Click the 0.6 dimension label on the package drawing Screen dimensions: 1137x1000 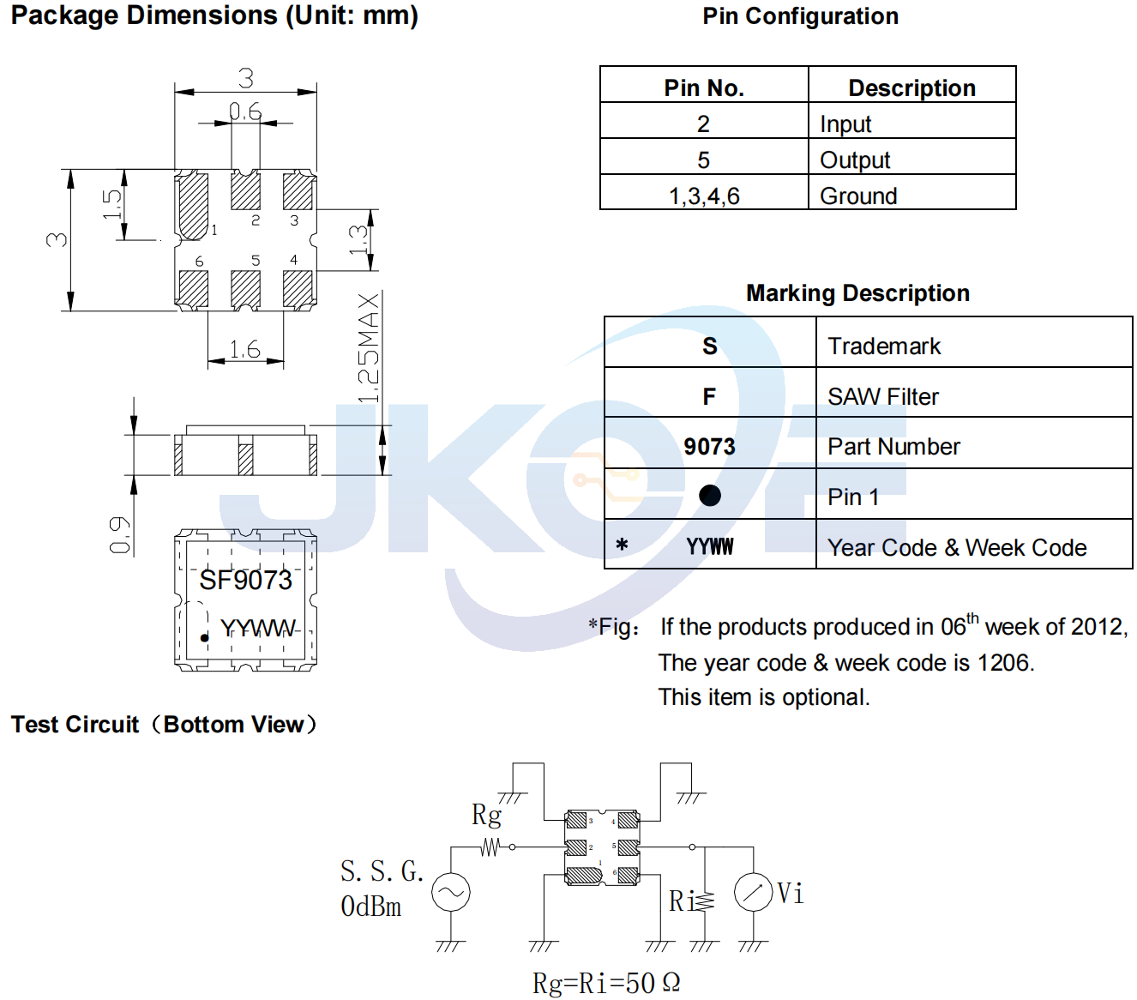point(245,111)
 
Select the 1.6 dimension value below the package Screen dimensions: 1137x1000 point(245,349)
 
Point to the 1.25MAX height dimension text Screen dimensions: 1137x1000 point(369,348)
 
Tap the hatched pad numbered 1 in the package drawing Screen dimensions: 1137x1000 point(191,206)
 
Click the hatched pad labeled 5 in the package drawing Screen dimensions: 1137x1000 point(245,289)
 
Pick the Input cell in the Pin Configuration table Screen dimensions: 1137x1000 point(845,124)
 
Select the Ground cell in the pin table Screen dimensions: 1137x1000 point(858,196)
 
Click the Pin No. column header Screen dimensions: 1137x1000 point(704,88)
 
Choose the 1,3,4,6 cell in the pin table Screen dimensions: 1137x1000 point(704,196)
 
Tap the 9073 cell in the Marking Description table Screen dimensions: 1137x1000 point(709,446)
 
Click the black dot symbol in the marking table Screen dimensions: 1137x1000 point(709,495)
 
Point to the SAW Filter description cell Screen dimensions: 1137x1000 point(883,396)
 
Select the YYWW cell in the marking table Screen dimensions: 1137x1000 point(709,546)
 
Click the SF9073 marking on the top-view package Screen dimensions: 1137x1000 point(245,580)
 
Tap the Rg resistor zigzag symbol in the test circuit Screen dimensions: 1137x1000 point(490,846)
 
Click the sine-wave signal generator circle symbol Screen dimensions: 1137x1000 point(451,892)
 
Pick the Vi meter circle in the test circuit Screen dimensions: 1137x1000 point(753,892)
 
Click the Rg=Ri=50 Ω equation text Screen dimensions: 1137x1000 point(606,983)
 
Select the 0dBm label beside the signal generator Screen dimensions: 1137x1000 point(371,907)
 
